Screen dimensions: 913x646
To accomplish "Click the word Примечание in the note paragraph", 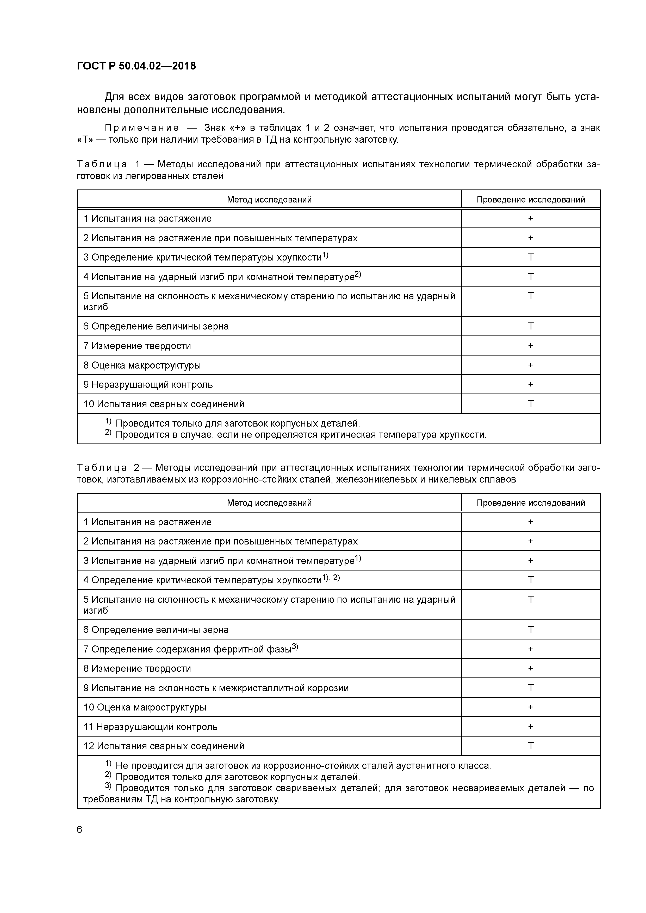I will [142, 128].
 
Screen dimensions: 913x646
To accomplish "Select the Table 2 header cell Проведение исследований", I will [531, 503].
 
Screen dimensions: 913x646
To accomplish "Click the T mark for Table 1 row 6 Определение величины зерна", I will [531, 326].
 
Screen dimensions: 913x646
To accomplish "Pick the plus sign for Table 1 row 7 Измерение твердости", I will [531, 346].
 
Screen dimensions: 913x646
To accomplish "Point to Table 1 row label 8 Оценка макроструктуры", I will [142, 365].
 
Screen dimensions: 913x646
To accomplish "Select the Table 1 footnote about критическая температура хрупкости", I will [301, 435].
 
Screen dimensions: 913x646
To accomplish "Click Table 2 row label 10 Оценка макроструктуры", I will [145, 707].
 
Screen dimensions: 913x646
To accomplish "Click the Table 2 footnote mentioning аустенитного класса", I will [302, 765].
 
